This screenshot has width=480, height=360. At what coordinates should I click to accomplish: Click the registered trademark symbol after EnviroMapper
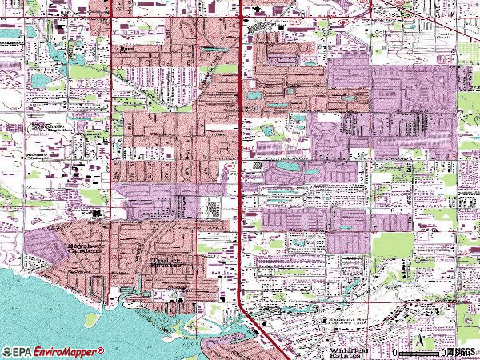coord(101,350)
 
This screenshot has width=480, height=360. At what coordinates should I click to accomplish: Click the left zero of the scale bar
coord(395,353)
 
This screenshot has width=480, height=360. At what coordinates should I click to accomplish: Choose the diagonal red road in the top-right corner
coord(400,6)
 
